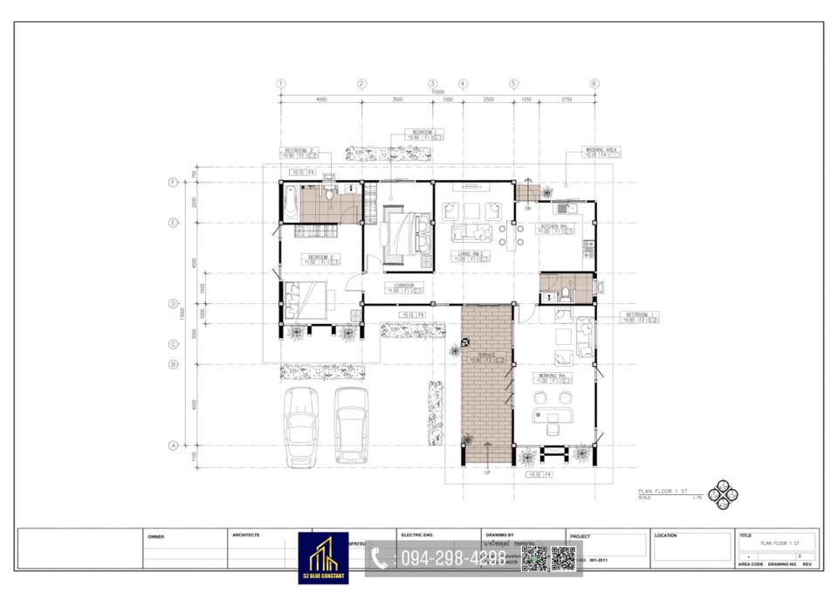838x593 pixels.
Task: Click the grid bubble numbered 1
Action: point(281,84)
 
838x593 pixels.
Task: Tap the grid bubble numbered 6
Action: point(594,84)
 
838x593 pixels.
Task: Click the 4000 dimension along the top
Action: point(321,100)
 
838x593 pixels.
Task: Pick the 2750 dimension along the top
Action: point(566,100)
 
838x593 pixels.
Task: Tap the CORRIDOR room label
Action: point(403,285)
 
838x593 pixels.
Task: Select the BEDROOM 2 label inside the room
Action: point(320,256)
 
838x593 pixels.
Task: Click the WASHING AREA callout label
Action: point(603,149)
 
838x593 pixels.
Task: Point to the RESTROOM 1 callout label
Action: point(640,314)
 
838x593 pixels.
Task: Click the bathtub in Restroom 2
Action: point(289,203)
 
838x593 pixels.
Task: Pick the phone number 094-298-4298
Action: point(452,558)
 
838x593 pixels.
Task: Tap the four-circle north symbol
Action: point(723,494)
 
